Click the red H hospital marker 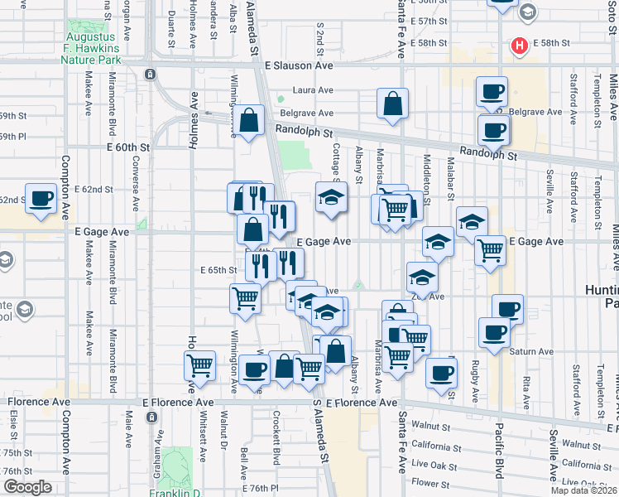pos(520,46)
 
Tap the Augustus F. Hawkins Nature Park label pos(92,44)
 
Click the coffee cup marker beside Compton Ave pos(41,199)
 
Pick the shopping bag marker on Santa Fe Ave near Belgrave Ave pos(393,104)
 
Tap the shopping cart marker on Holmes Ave pos(199,364)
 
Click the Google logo pos(27,487)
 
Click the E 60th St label pos(129,147)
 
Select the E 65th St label pos(219,270)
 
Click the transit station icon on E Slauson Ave pos(150,74)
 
